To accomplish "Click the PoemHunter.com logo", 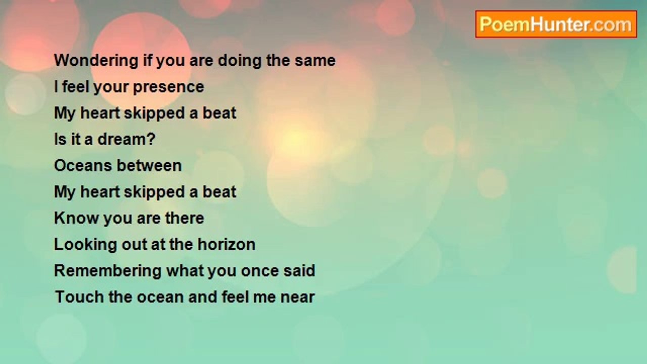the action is coord(556,24).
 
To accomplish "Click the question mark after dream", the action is coord(151,139).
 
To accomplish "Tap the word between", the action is coord(149,165).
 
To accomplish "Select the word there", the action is coord(184,218).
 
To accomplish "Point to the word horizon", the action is coord(226,244).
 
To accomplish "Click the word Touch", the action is coord(79,297).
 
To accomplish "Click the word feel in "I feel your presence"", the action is coord(75,87).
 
